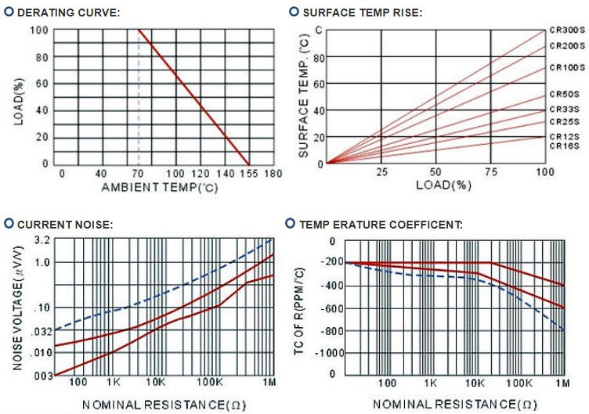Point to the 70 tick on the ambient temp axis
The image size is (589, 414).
[138, 174]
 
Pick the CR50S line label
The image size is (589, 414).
[562, 95]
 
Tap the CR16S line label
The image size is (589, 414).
[562, 146]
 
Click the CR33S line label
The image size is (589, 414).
[562, 110]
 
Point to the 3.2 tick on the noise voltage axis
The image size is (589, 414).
[42, 240]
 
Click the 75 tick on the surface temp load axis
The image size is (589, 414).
[490, 171]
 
